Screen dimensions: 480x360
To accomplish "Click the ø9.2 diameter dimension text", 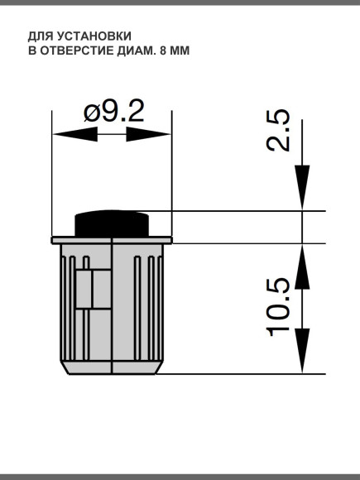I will [x=113, y=112].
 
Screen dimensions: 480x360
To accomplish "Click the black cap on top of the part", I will [x=112, y=223].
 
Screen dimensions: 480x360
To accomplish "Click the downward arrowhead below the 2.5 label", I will [x=302, y=186].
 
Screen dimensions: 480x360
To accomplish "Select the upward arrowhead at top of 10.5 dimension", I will [x=302, y=266].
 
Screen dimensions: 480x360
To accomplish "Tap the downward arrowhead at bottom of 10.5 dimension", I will [x=302, y=351].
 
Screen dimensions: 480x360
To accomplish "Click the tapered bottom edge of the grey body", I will [x=112, y=368].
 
